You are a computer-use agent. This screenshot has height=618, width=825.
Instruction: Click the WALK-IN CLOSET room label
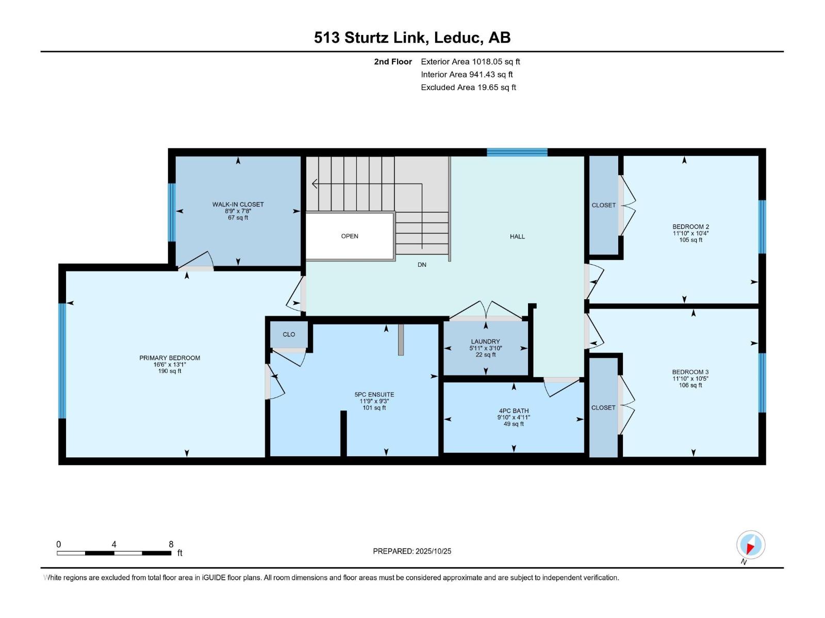tap(238, 204)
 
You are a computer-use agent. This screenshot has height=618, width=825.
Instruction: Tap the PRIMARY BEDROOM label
tap(170, 358)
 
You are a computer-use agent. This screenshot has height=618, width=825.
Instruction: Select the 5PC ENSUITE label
tap(374, 394)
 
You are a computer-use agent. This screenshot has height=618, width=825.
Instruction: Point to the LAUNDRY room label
tap(485, 341)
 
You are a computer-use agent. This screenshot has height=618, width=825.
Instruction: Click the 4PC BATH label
tap(514, 411)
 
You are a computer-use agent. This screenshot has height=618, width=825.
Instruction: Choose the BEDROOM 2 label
tap(690, 227)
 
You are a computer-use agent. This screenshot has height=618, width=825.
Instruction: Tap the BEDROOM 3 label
tap(690, 372)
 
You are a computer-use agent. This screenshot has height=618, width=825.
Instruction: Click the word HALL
tap(517, 236)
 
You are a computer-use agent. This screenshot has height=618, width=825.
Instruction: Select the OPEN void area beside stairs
tap(350, 236)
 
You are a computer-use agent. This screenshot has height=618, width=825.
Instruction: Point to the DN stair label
tap(422, 265)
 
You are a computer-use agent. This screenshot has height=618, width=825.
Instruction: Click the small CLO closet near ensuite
tap(289, 334)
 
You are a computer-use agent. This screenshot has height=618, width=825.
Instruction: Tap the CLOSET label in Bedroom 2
tap(604, 205)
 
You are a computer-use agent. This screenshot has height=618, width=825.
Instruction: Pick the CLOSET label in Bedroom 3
tap(603, 407)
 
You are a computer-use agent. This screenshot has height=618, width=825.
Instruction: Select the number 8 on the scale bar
tap(171, 544)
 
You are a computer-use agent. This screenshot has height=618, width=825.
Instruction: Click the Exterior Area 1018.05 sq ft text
tap(470, 61)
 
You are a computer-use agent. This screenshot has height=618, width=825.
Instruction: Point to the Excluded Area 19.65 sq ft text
tap(468, 88)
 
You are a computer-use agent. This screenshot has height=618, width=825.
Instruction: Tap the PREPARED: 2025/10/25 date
tap(412, 551)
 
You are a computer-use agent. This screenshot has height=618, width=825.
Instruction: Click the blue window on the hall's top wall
tap(517, 152)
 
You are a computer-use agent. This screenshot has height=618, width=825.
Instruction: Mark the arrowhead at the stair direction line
tap(315, 184)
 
